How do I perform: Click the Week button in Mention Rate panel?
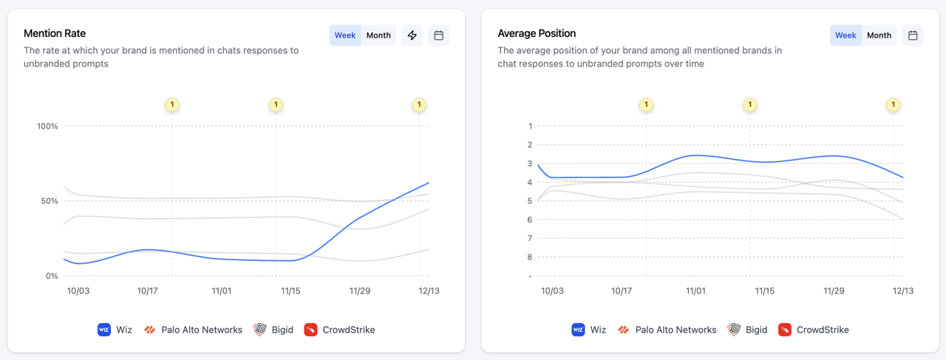(x=345, y=35)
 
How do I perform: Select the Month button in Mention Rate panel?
(x=378, y=35)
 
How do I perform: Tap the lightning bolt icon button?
(x=412, y=35)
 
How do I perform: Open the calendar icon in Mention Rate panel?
(x=439, y=35)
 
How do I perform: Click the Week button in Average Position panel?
(x=845, y=35)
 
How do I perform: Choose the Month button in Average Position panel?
(x=879, y=35)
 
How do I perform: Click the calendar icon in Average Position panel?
(x=913, y=35)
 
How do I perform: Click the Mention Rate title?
(x=55, y=33)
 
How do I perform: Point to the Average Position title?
(x=537, y=33)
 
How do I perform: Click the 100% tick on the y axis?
(x=47, y=126)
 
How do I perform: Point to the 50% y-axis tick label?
(x=49, y=201)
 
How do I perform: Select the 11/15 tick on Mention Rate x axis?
(x=290, y=291)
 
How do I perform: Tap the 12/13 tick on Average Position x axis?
(x=903, y=291)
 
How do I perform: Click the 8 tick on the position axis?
(x=530, y=257)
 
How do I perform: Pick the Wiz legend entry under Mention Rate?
(x=115, y=330)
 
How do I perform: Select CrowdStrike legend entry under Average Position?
(x=814, y=330)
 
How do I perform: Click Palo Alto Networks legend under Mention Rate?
(x=194, y=330)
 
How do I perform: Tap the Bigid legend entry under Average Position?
(x=748, y=330)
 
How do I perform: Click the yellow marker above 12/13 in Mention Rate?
(x=419, y=105)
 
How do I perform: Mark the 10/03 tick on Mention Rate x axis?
(x=78, y=291)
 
